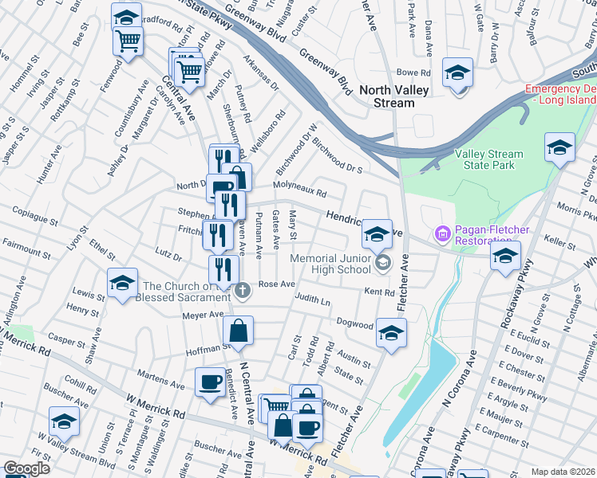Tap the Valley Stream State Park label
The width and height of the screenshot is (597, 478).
click(488, 159)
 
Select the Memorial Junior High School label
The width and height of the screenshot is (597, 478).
click(330, 264)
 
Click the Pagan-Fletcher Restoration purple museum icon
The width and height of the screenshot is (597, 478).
click(441, 234)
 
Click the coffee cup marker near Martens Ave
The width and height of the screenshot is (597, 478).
click(210, 382)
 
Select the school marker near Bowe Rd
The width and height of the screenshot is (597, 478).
click(457, 73)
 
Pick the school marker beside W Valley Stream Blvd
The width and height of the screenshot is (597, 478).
click(64, 422)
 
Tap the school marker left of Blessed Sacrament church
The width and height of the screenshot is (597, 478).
click(122, 284)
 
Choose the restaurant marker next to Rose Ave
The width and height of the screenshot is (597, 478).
click(223, 271)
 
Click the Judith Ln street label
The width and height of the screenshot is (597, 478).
click(312, 301)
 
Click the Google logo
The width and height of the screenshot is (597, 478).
click(26, 468)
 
